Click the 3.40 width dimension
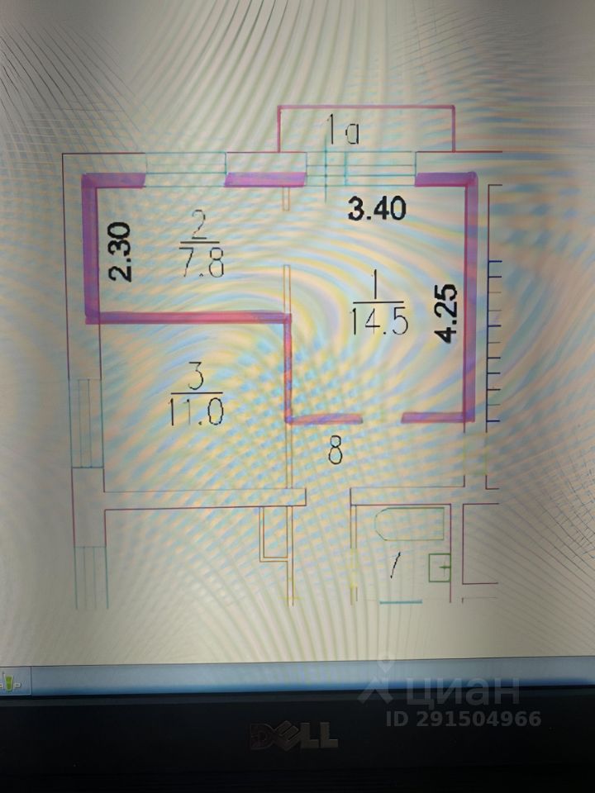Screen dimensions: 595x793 pos(377,210)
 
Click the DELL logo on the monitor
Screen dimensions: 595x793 pos(294,734)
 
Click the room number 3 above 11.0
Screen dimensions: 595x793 pos(196,380)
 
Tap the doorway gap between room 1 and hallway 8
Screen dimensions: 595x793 pos(381,419)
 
